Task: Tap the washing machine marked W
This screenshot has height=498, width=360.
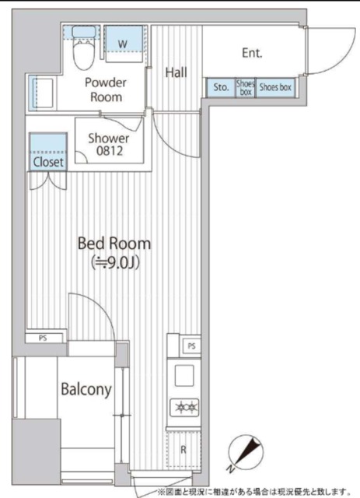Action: point(124,44)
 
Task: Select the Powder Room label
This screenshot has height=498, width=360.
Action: point(106,89)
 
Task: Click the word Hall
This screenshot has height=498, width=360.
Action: point(177,72)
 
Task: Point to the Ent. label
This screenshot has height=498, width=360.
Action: point(252,53)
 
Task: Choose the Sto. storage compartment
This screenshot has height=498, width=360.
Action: point(221,87)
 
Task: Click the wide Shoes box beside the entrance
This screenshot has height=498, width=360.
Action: point(275,87)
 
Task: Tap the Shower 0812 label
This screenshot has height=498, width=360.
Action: point(109,145)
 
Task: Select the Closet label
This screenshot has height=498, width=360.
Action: point(48,162)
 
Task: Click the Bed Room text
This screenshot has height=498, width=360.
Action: point(114,244)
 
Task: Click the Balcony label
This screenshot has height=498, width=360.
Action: point(86,389)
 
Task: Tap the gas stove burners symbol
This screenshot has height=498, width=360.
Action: point(184,407)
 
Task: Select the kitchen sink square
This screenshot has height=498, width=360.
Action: point(184,375)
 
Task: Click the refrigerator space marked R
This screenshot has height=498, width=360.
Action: point(183,450)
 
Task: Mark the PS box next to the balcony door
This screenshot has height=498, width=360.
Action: point(44,338)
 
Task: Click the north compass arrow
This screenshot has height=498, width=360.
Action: point(247,451)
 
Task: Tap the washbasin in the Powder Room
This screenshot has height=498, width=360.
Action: point(43,93)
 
